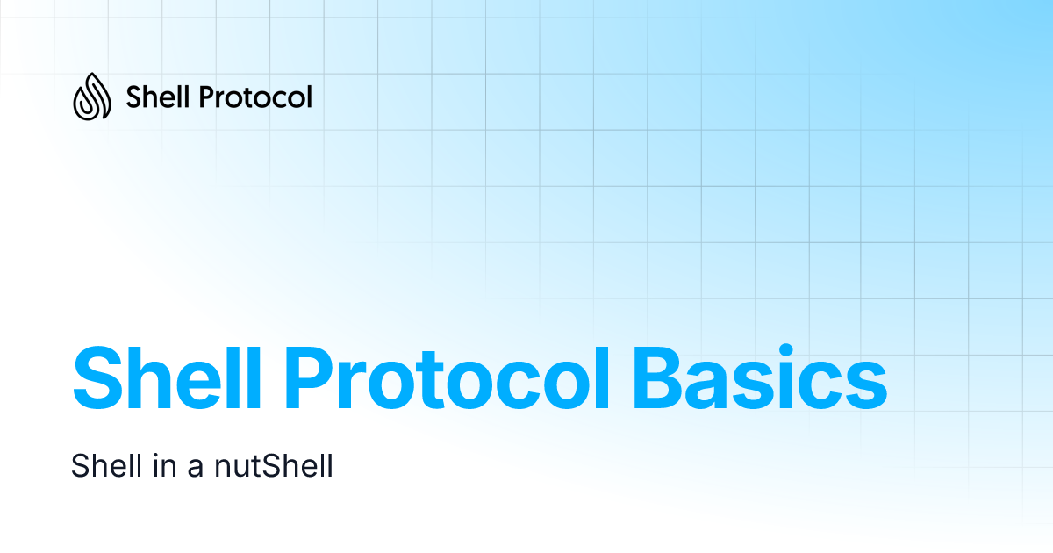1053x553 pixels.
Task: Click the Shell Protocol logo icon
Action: tap(91, 96)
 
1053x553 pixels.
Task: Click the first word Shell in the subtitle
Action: tap(101, 465)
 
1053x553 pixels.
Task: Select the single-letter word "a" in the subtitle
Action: tap(196, 468)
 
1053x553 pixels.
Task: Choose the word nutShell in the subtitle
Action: tap(274, 465)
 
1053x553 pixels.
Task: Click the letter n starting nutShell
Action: tap(223, 468)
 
